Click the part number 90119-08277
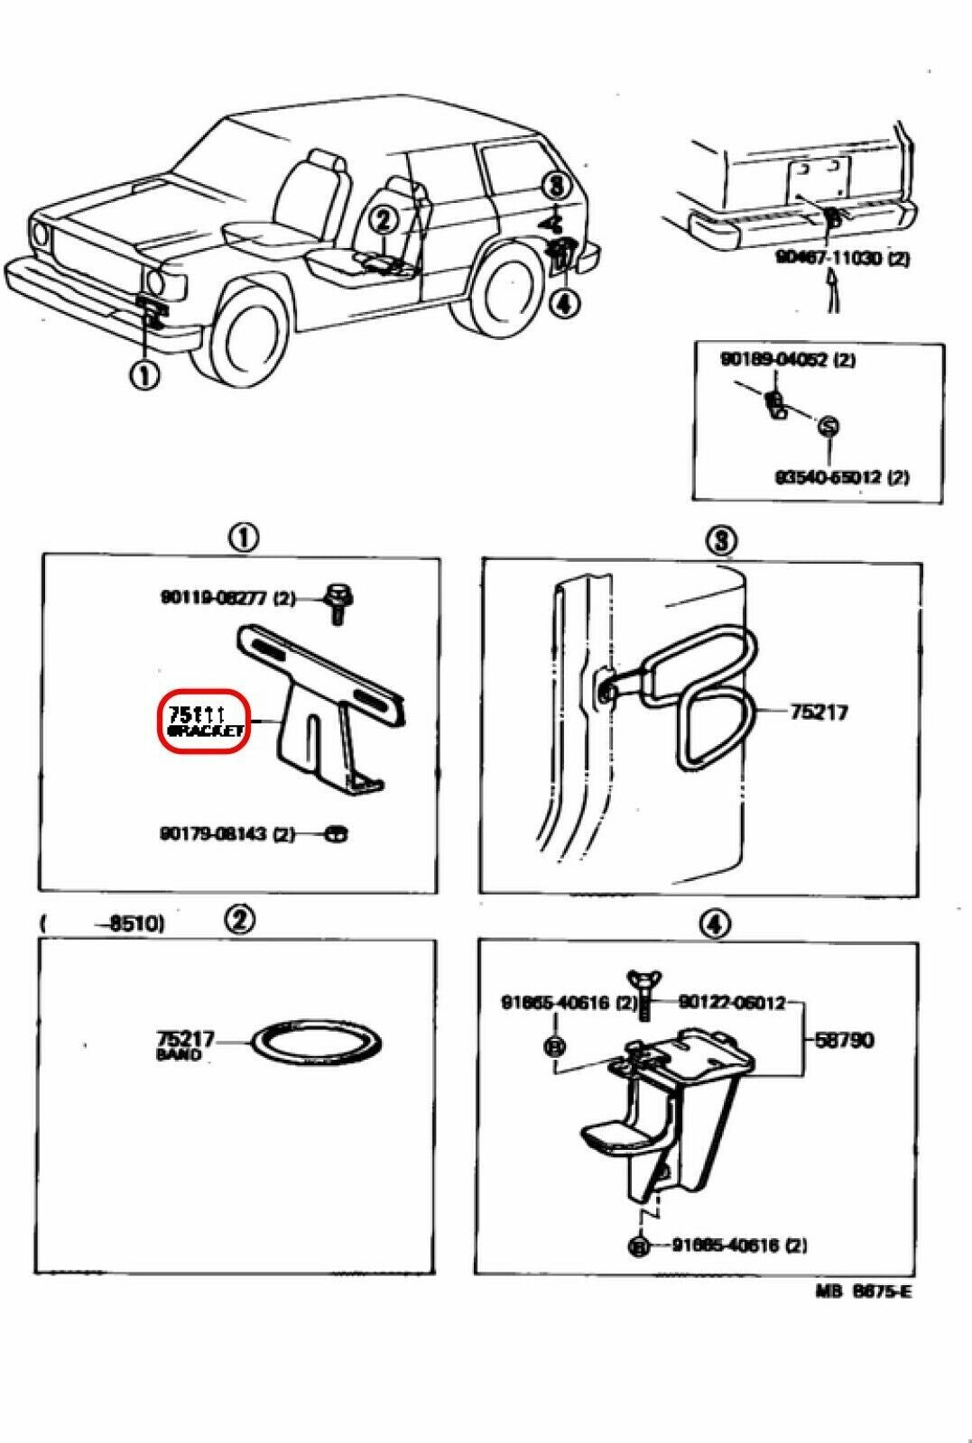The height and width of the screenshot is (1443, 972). click(x=227, y=597)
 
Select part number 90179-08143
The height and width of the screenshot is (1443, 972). click(x=226, y=834)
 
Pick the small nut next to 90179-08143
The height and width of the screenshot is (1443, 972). click(x=336, y=833)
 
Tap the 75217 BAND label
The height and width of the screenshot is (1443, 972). click(x=185, y=1043)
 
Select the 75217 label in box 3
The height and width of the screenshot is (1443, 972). click(x=819, y=712)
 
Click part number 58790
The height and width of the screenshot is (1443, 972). click(x=844, y=1040)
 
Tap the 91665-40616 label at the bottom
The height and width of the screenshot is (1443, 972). click(x=739, y=1245)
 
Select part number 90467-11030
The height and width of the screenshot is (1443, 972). click(x=842, y=258)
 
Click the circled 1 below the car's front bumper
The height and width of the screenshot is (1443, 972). click(x=145, y=374)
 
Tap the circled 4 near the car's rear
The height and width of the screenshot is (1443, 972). click(x=564, y=304)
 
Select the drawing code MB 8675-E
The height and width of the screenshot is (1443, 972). click(x=864, y=1291)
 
